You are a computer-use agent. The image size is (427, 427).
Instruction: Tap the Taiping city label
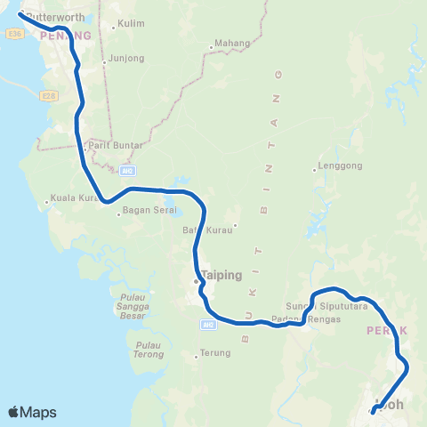tap(222, 275)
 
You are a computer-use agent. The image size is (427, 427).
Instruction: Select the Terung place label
tap(214, 353)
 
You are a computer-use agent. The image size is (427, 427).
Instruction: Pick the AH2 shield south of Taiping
tap(208, 325)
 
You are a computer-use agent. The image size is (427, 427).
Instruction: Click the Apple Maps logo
tap(31, 412)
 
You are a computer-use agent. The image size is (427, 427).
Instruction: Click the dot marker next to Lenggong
tap(315, 169)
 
